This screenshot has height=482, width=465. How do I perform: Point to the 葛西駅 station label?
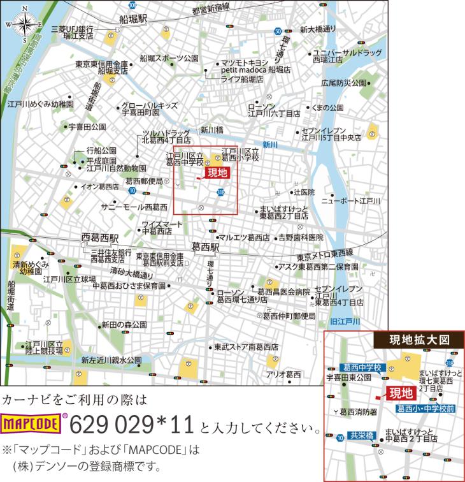(x=206, y=246)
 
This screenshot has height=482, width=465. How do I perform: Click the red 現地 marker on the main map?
(x=217, y=172)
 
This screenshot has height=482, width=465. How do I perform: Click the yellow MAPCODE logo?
(x=32, y=423)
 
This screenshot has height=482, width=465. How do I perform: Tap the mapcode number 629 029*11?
(x=132, y=423)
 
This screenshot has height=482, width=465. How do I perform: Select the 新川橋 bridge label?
(x=211, y=129)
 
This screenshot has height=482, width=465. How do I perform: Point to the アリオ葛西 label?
(x=283, y=374)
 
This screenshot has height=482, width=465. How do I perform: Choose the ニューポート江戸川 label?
(x=351, y=201)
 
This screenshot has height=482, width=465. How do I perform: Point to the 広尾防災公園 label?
(x=344, y=82)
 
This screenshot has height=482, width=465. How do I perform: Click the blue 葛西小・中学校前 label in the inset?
(x=426, y=407)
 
